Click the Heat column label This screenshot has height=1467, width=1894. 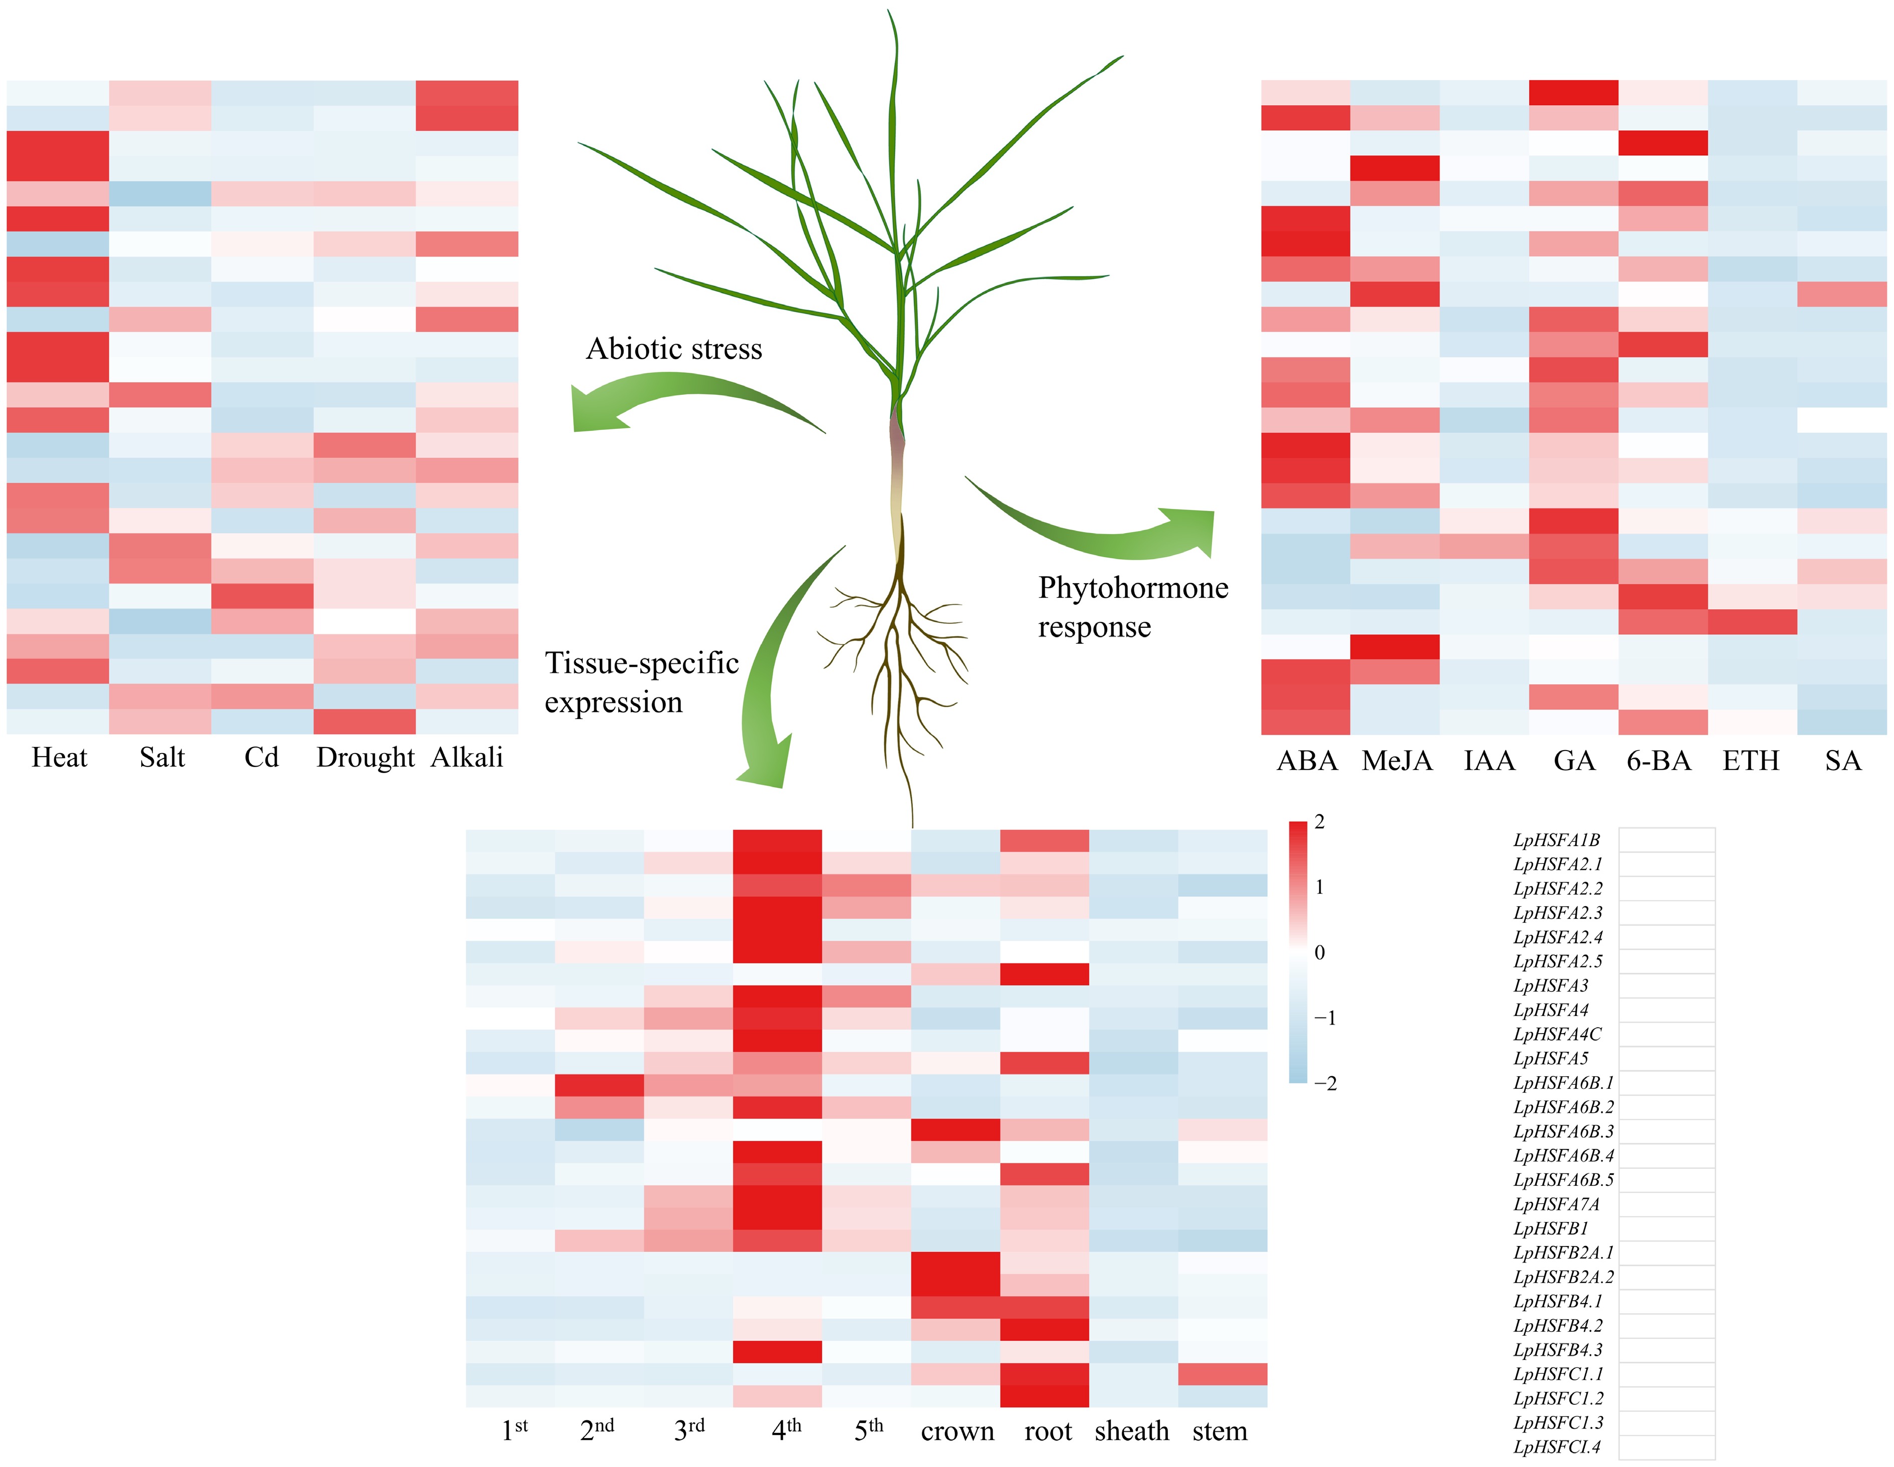point(59,758)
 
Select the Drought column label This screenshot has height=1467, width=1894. point(365,758)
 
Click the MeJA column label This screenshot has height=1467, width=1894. point(1396,761)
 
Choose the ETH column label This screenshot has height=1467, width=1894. point(1750,761)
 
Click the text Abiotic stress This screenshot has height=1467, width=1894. point(674,349)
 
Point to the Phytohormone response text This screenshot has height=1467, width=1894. point(1132,607)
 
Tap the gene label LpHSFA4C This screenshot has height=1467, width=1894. point(1557,1034)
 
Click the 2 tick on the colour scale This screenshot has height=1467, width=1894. point(1320,822)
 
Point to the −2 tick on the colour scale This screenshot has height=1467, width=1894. point(1325,1083)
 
